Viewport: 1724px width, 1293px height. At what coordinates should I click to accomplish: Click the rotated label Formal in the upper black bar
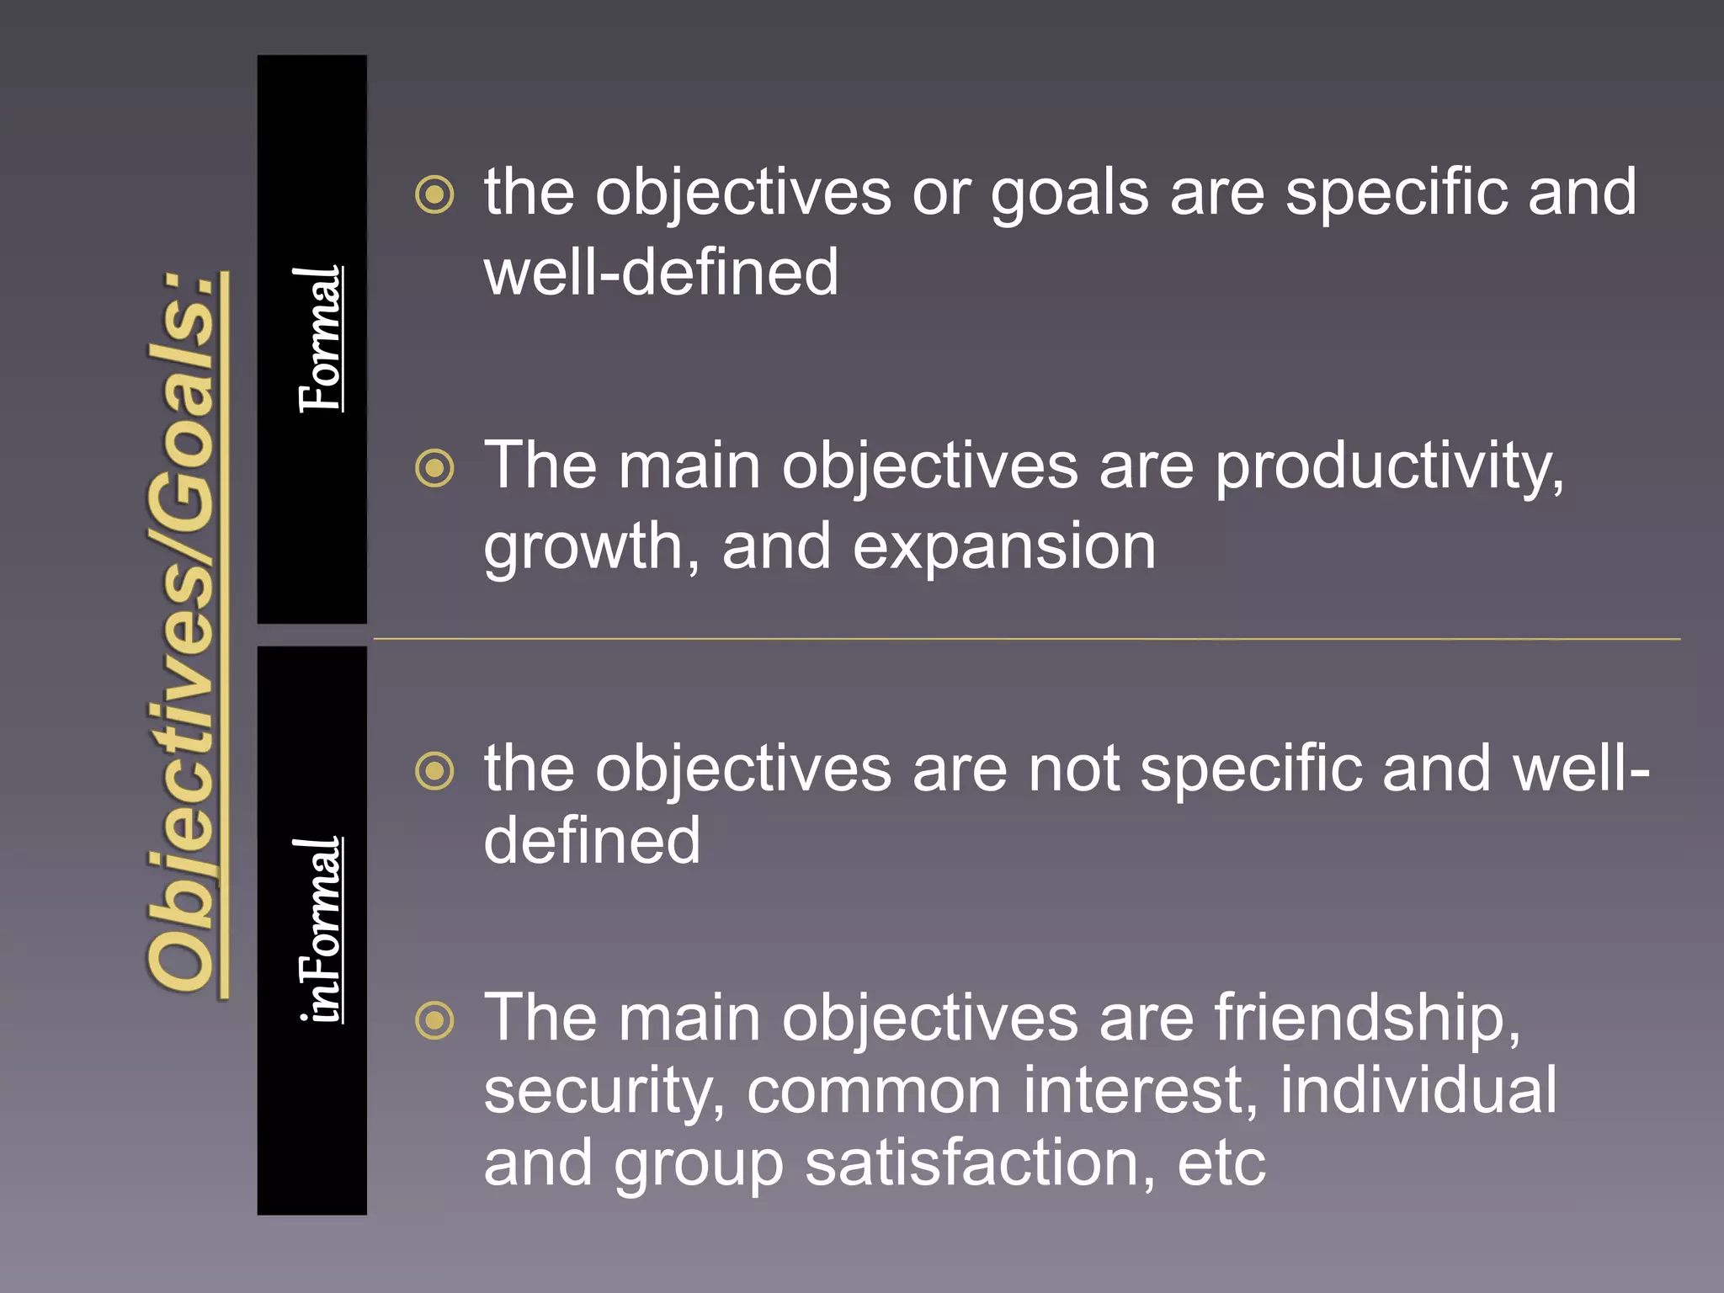320,339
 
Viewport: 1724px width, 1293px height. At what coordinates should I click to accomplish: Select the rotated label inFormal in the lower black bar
320,930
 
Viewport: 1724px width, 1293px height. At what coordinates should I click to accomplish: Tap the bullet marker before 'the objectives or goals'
434,195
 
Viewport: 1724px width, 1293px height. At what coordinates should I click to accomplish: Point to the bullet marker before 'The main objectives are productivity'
434,468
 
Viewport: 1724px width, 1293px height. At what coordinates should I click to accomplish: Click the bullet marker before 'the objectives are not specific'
434,771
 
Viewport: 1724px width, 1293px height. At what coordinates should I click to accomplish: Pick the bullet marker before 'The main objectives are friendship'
434,1020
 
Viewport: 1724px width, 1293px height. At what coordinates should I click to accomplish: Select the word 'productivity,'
1389,468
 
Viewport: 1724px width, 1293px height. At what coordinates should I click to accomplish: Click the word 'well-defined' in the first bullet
661,273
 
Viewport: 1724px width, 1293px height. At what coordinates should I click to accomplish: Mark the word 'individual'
1418,1091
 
